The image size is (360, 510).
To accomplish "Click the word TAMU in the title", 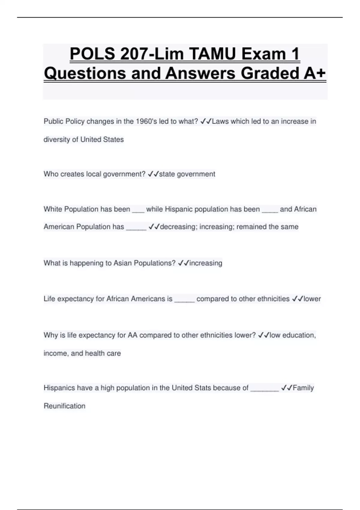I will (x=212, y=54).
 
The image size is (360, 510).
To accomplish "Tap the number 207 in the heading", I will (x=133, y=54).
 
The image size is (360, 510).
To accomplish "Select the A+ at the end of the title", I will (x=314, y=73).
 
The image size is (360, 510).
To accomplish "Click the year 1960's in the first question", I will (x=147, y=121).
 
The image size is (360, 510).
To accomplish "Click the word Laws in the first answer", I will (x=220, y=121).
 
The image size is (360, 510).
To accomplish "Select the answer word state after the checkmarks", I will (x=167, y=174).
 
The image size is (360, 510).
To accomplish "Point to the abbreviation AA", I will (x=133, y=335).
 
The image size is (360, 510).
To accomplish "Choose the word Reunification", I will (x=64, y=406).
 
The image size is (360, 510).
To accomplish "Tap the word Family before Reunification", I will (x=303, y=388).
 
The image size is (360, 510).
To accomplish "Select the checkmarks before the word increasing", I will (x=184, y=263).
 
